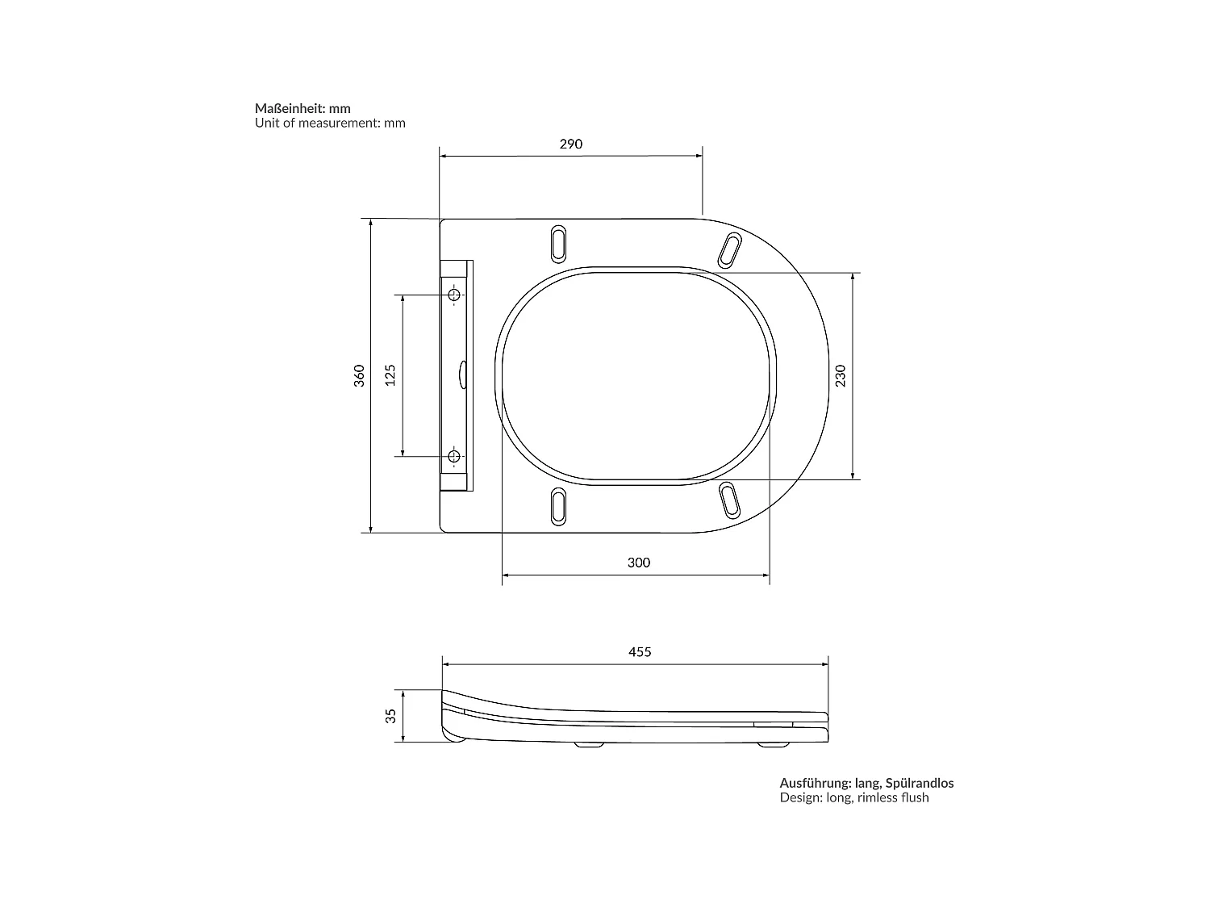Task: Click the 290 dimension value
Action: tap(570, 144)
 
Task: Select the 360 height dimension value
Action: tap(360, 375)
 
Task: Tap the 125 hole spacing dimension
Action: tap(390, 375)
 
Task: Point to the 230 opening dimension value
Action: tap(841, 375)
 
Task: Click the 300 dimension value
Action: tap(638, 563)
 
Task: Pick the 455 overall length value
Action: tap(639, 652)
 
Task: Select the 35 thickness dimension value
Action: tap(391, 715)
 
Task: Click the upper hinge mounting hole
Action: tap(454, 295)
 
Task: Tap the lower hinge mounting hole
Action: tap(454, 457)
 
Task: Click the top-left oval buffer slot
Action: tap(558, 243)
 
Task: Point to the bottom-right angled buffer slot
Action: tap(730, 499)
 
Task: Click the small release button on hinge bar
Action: tap(462, 375)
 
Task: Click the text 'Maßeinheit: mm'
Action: tap(302, 108)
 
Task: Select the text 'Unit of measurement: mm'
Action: tap(330, 123)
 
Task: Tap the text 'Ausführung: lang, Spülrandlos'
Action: tap(866, 783)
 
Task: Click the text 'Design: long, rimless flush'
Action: tap(854, 798)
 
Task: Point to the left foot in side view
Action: tap(589, 745)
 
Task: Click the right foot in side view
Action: tap(774, 745)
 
